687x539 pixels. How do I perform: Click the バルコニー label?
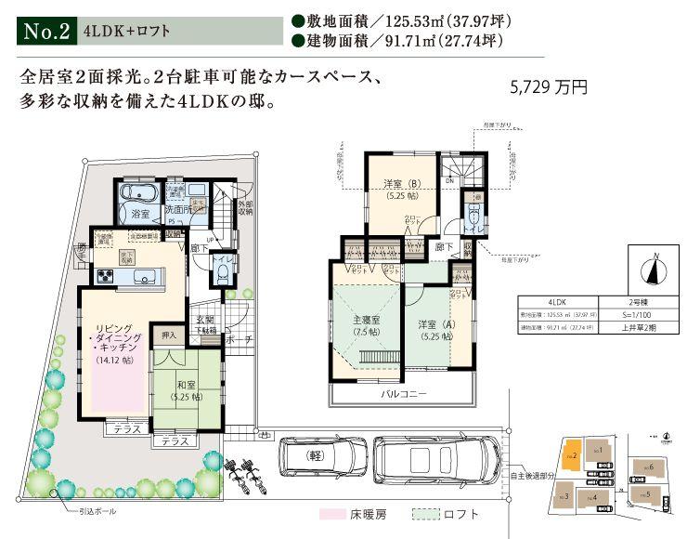click(404, 394)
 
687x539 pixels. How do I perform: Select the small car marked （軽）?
click(321, 456)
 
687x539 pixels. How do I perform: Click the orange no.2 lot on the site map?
click(572, 455)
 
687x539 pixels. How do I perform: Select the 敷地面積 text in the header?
click(330, 20)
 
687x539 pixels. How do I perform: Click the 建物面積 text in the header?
click(330, 41)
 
